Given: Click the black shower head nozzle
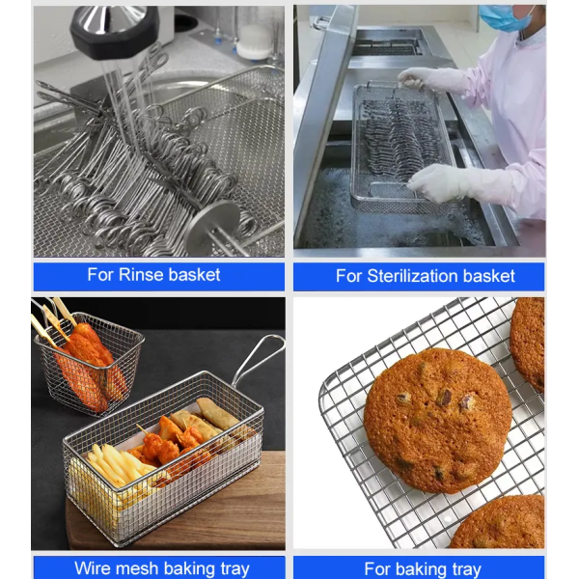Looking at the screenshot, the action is click(115, 31).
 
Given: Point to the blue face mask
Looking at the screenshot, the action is click(505, 17).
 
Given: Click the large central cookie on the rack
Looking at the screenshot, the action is click(437, 420).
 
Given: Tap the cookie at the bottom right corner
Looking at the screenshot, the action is click(499, 522).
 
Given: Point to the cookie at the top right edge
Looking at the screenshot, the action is click(527, 343).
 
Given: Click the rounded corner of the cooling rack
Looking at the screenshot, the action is click(325, 388).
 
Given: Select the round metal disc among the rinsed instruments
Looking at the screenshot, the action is click(212, 227).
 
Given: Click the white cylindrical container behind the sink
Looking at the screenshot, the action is click(255, 41).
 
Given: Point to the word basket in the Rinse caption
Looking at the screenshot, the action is click(194, 275).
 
